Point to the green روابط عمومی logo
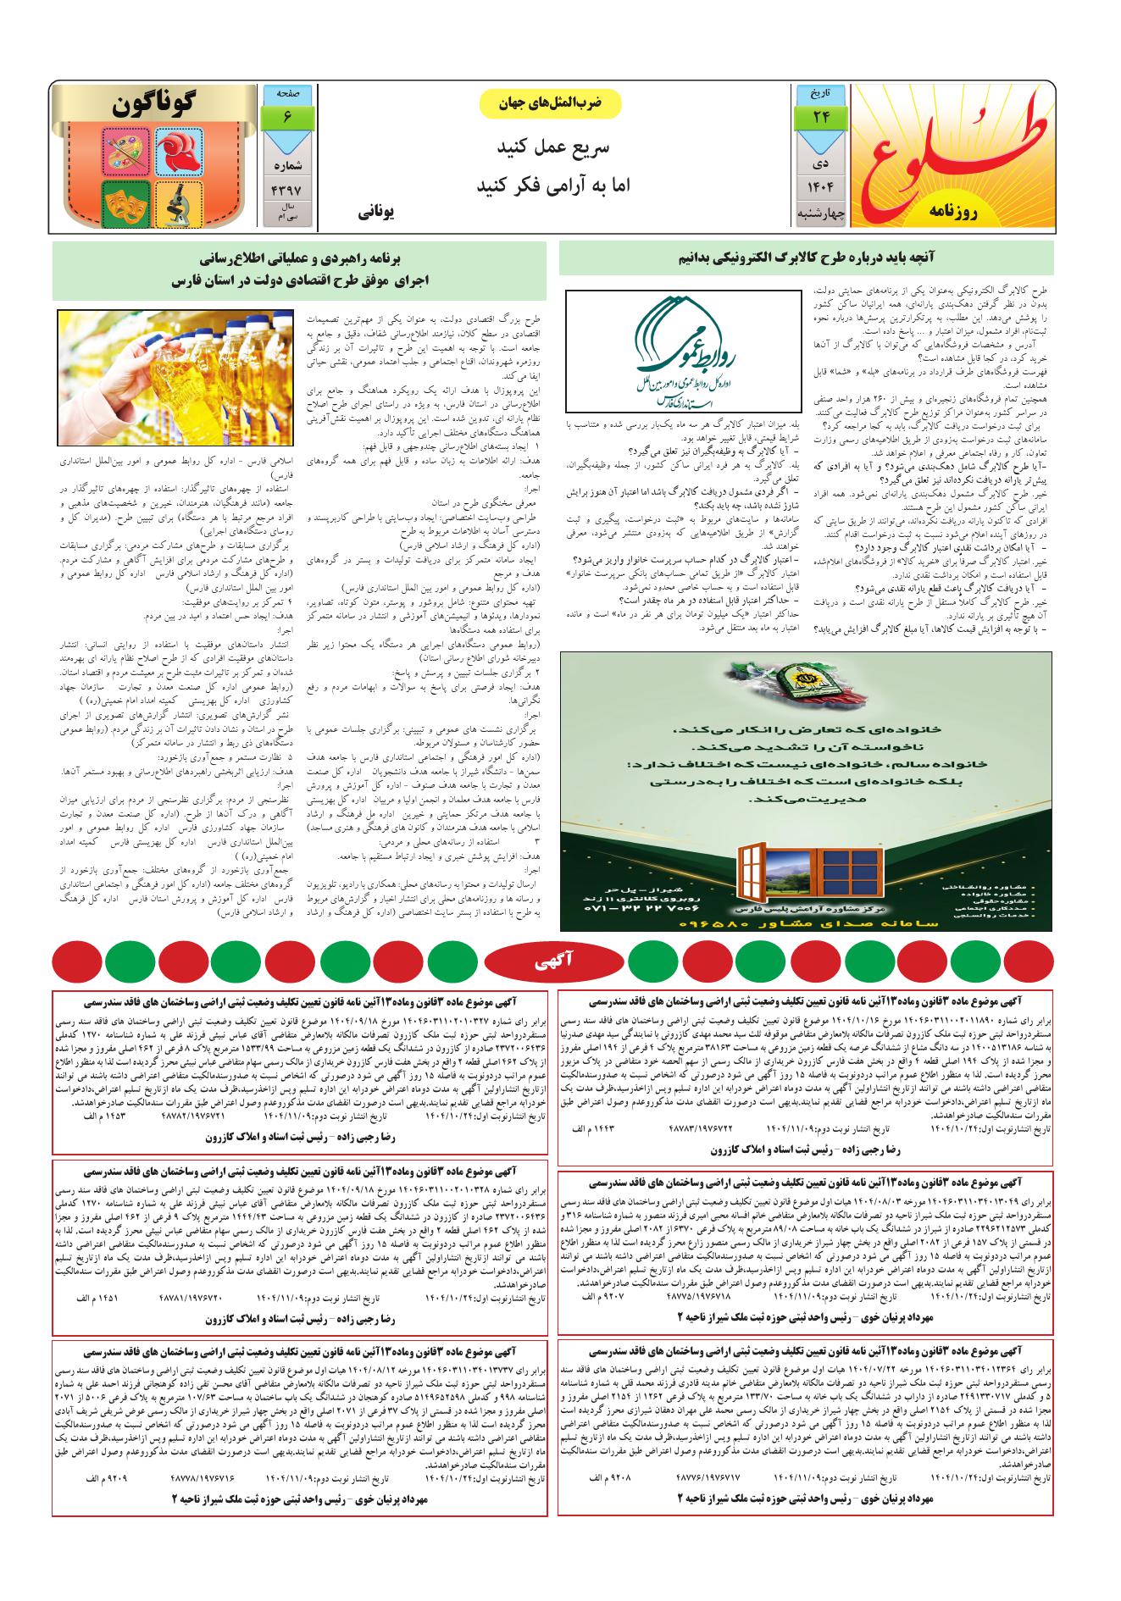coord(683,352)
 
